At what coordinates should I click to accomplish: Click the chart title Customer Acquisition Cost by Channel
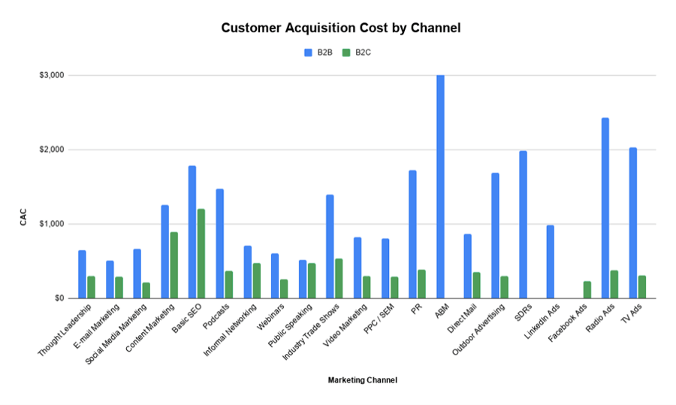(x=340, y=28)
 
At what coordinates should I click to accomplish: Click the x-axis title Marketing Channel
(x=362, y=380)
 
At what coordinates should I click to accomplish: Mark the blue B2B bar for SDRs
(x=523, y=225)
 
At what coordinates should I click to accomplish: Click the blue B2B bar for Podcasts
(x=220, y=243)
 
